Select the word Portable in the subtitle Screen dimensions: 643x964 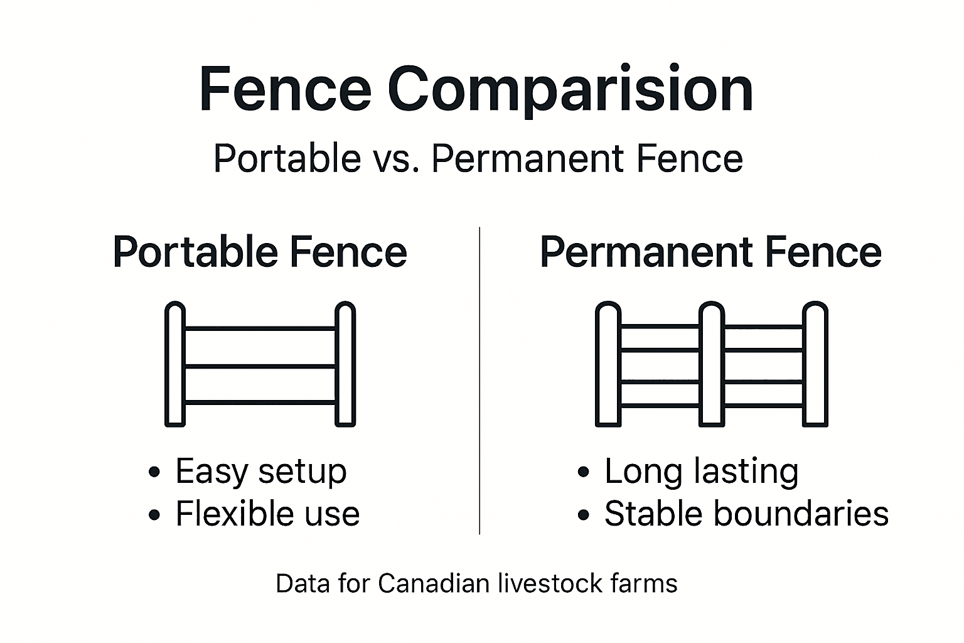click(x=287, y=158)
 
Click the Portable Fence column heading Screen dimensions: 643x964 click(x=260, y=252)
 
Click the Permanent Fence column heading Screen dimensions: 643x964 click(x=710, y=252)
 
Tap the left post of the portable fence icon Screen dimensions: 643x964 click(x=175, y=364)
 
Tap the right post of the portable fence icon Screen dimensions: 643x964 click(x=345, y=364)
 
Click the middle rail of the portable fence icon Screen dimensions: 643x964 click(x=260, y=366)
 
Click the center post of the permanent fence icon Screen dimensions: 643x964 click(x=711, y=364)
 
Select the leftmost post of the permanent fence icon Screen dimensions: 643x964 click(x=608, y=364)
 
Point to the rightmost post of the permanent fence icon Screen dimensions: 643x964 click(x=815, y=364)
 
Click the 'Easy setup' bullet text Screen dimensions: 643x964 click(x=260, y=471)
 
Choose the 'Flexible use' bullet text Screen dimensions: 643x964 click(x=267, y=514)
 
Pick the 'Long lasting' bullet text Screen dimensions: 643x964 click(x=701, y=471)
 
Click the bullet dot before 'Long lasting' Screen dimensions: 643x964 click(x=584, y=472)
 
